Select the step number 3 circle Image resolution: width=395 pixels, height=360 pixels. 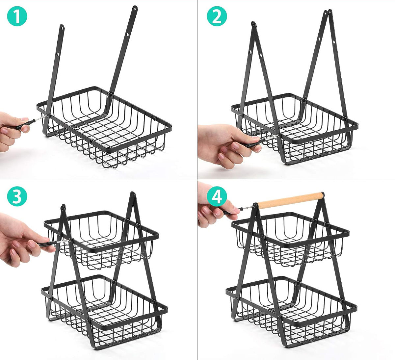point(17,196)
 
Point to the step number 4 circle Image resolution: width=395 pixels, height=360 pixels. point(217,196)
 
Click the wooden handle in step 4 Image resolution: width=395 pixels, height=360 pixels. point(290,200)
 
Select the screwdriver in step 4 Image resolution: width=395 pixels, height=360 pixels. point(239,209)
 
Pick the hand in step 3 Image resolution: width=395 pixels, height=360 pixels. point(24,240)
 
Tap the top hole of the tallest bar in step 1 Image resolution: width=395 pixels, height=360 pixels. point(135,9)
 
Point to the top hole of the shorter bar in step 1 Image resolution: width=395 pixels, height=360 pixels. point(62,28)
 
